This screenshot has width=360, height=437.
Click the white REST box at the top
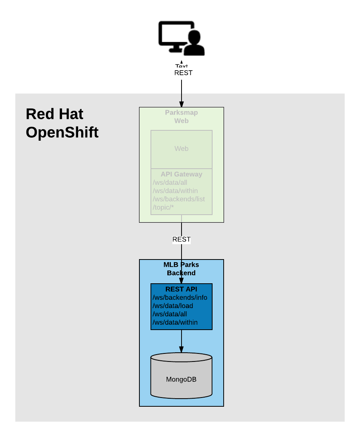coord(183,73)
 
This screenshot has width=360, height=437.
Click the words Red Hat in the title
coord(54,114)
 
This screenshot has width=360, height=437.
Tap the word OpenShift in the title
coord(62,133)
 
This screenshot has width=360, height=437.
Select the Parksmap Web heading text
coord(181,117)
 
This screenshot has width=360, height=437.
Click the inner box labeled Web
coord(181,149)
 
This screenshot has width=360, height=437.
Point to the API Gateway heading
coord(181,174)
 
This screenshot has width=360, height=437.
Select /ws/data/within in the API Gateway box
coord(175,191)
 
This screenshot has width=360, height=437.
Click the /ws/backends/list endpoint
coord(179,199)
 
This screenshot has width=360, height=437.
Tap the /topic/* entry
coord(164,207)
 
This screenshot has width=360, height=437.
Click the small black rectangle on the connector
coord(181,240)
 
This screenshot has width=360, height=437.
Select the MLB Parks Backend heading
coord(181,269)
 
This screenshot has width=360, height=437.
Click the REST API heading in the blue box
coord(181,289)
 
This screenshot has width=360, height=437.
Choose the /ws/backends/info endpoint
coord(180,297)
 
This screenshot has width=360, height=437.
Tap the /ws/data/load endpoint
coord(173,306)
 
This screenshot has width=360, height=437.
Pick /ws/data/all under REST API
coord(170,314)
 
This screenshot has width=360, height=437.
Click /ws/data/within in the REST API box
coord(175,322)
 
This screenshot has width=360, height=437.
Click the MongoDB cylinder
coord(181,379)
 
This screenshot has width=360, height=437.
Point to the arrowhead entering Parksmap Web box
coord(181,104)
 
